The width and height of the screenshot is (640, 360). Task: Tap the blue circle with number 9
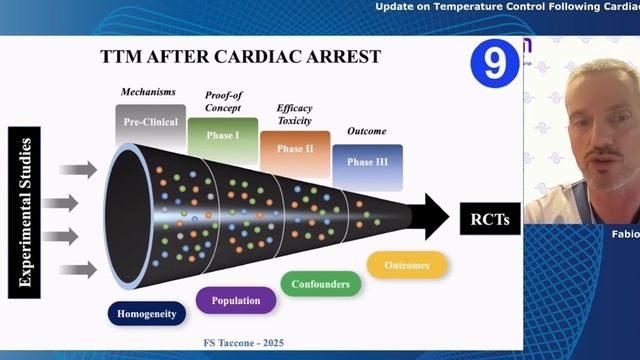pyautogui.click(x=493, y=65)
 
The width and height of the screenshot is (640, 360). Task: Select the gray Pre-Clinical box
pyautogui.click(x=150, y=122)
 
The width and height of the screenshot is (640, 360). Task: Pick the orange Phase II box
pyautogui.click(x=294, y=150)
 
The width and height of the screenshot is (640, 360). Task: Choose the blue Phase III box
pyautogui.click(x=367, y=163)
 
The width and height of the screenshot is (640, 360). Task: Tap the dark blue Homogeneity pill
pyautogui.click(x=147, y=314)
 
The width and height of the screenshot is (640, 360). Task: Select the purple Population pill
pyautogui.click(x=235, y=300)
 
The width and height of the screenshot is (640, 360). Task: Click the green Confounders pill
pyautogui.click(x=320, y=284)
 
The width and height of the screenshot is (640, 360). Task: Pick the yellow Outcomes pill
pyautogui.click(x=406, y=265)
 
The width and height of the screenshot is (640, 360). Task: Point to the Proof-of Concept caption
pyautogui.click(x=222, y=100)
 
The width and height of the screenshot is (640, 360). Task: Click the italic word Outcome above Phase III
pyautogui.click(x=366, y=130)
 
